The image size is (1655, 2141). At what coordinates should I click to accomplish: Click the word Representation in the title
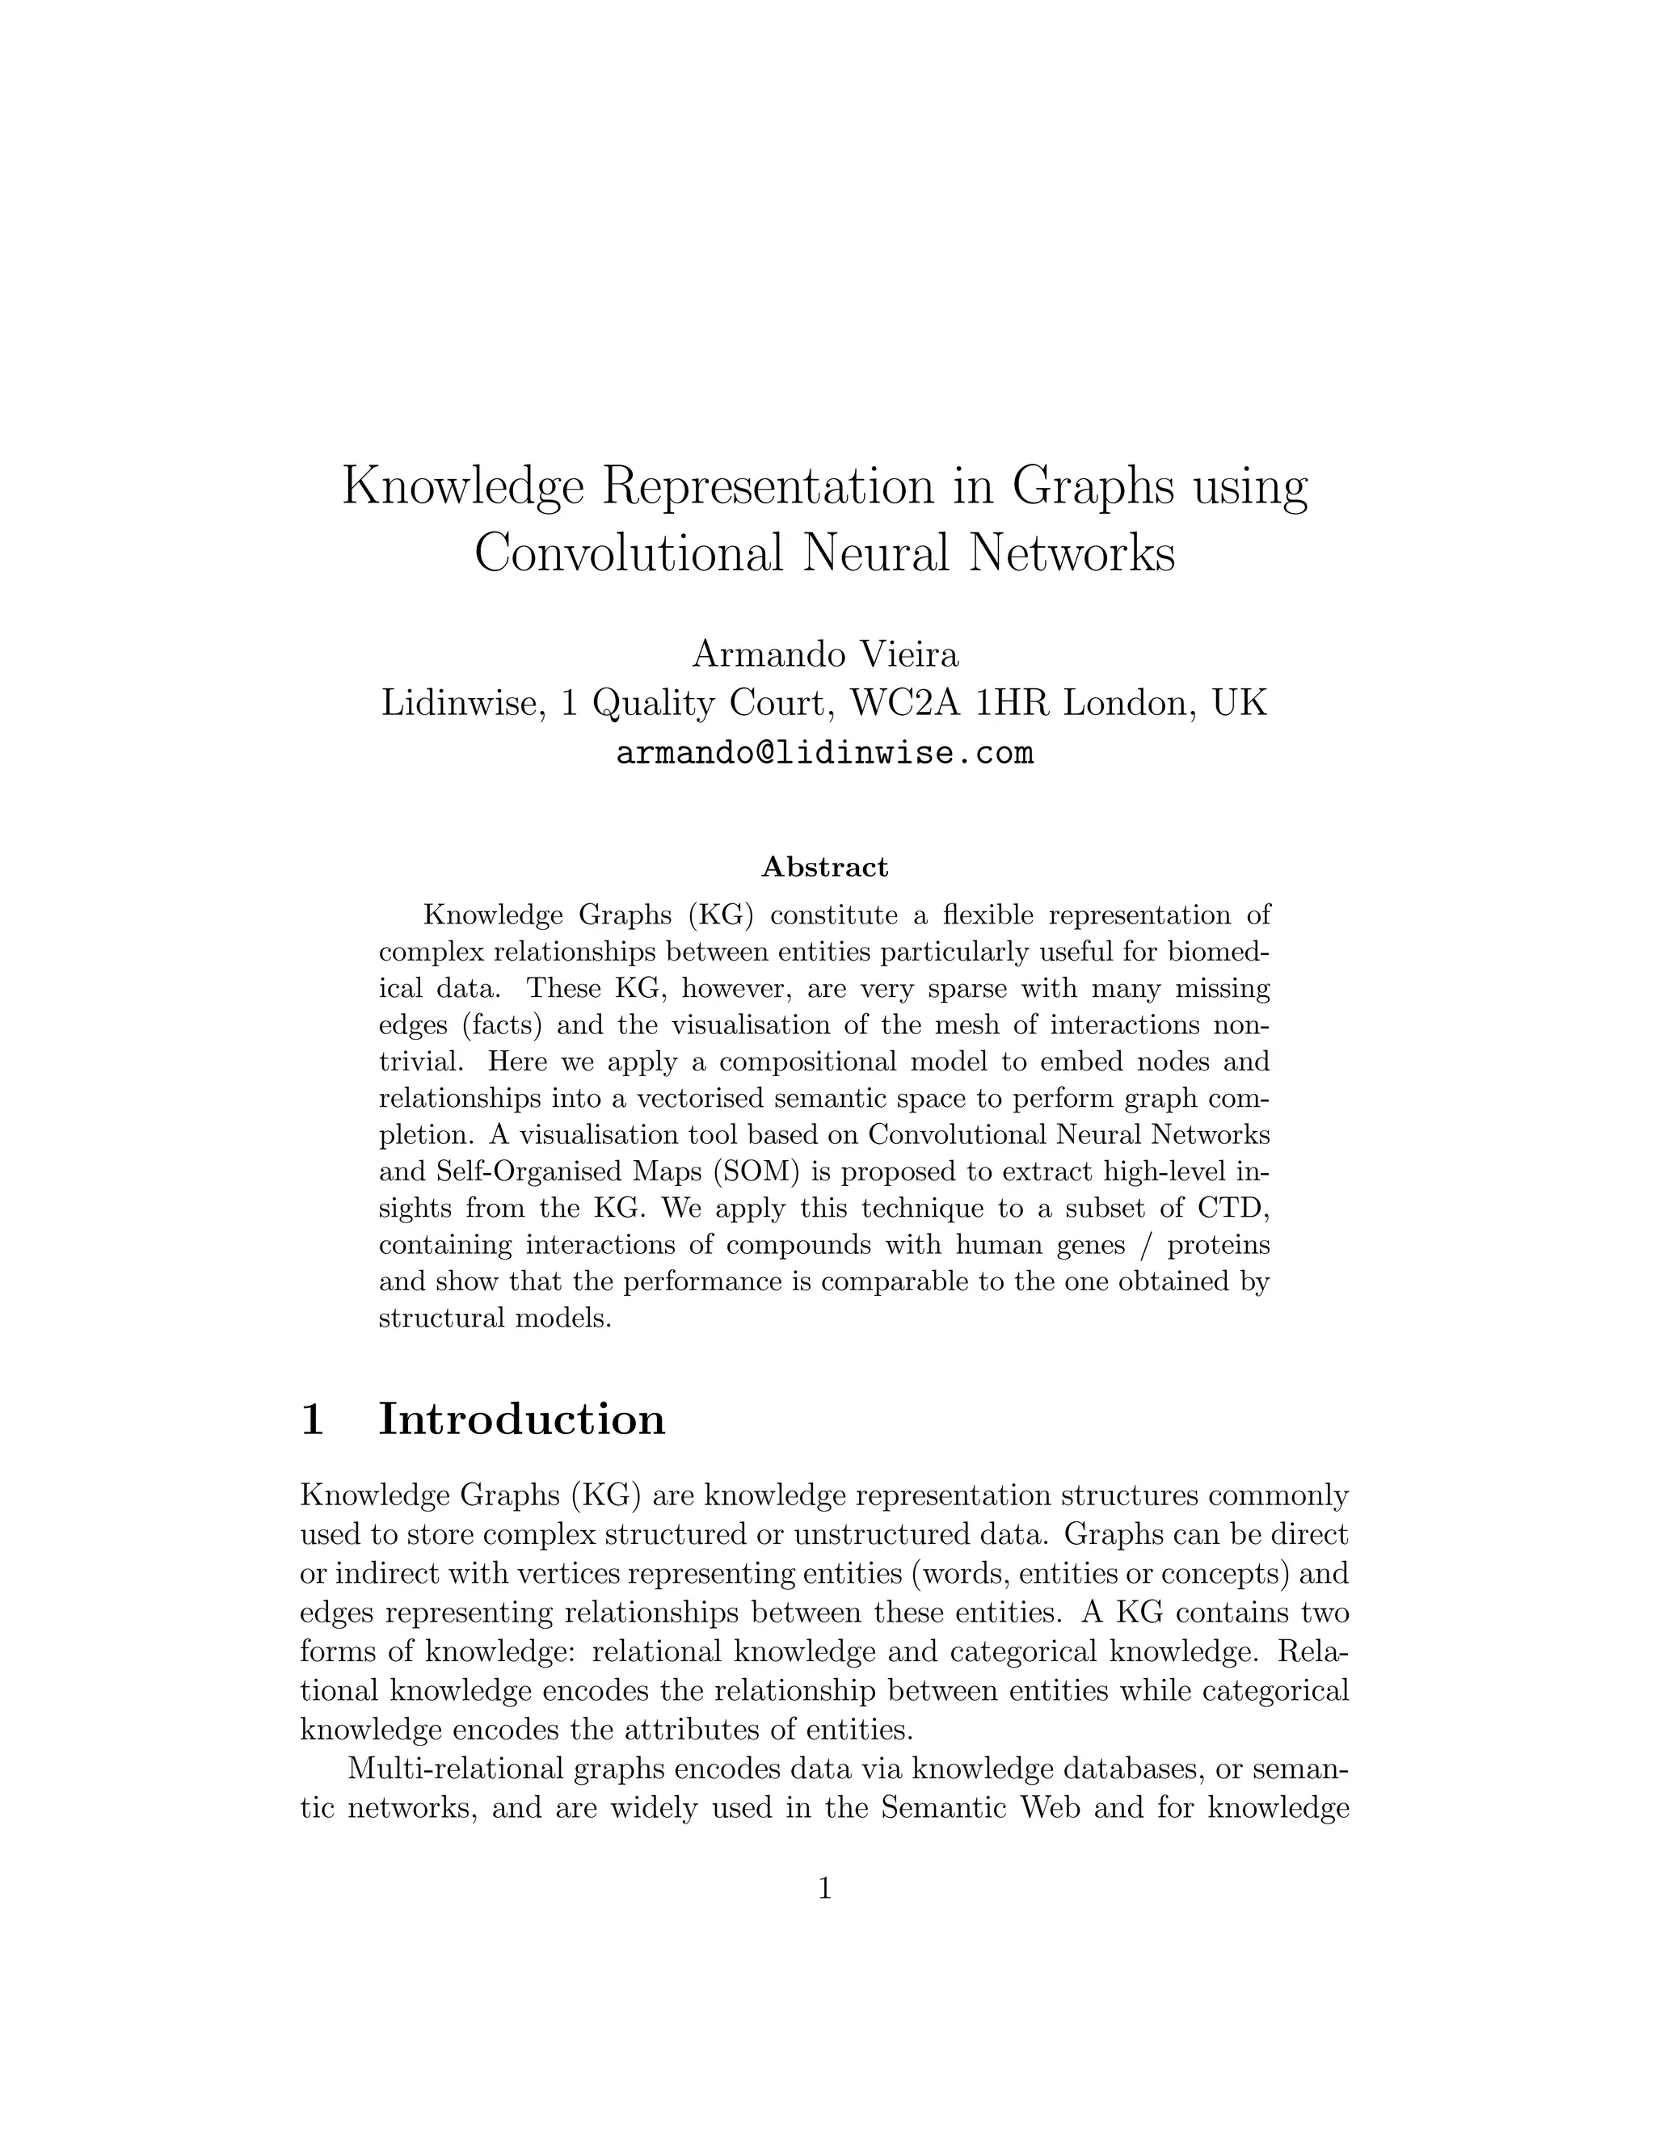coord(766,487)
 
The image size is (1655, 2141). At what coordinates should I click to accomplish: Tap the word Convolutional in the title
coord(629,553)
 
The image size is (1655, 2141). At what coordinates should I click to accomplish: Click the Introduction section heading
coord(521,1419)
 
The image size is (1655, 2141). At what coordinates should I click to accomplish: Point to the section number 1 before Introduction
coord(312,1419)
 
